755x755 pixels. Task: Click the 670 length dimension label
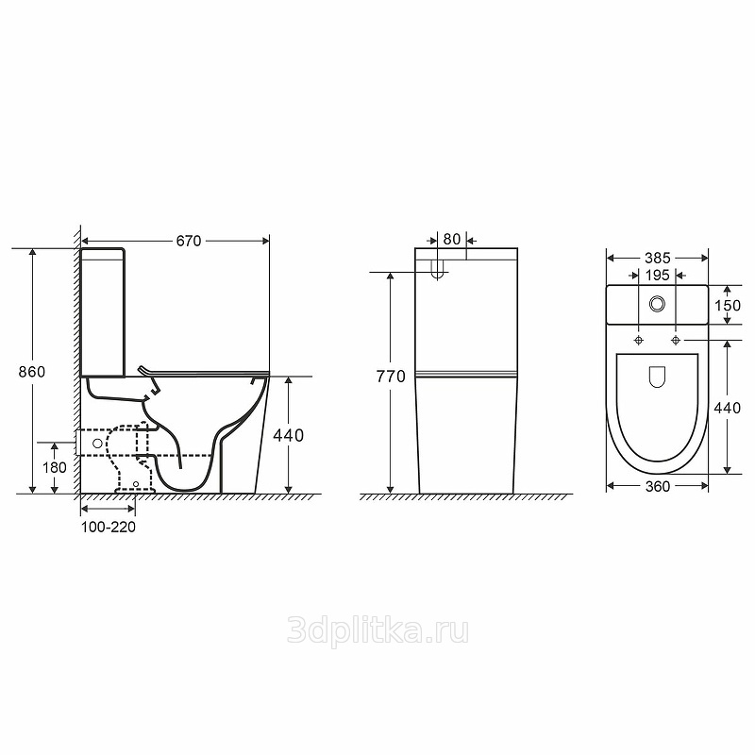coord(188,241)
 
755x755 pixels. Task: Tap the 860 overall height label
coord(32,372)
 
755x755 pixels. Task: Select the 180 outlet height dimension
coord(55,467)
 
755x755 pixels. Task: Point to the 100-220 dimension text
coord(109,527)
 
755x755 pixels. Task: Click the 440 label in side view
coord(289,435)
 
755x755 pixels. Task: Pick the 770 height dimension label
coord(391,376)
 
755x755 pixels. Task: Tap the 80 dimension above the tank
coord(452,240)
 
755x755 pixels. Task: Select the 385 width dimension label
coord(657,258)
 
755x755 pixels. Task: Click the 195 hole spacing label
coord(657,275)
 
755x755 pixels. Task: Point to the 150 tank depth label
coord(727,305)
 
